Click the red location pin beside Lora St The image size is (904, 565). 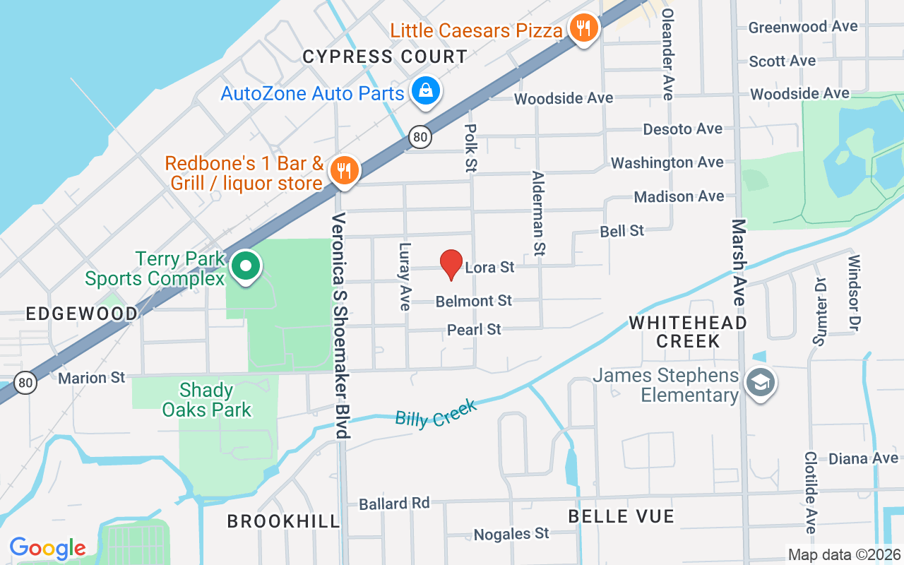point(451,264)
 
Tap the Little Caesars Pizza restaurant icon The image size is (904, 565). point(583,29)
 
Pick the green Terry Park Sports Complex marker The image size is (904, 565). point(246,267)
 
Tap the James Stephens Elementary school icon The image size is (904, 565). point(761,383)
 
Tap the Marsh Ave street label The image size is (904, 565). point(739,263)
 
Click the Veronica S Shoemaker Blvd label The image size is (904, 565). point(341,325)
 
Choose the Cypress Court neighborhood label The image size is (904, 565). point(385,56)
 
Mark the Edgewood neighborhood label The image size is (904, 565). point(82,314)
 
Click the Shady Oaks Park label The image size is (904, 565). point(206,400)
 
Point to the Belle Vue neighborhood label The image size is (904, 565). point(621,516)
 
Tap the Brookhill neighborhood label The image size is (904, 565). point(283,521)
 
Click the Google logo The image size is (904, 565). point(48,547)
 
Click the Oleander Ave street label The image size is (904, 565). point(668,54)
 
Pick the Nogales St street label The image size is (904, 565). point(511,533)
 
